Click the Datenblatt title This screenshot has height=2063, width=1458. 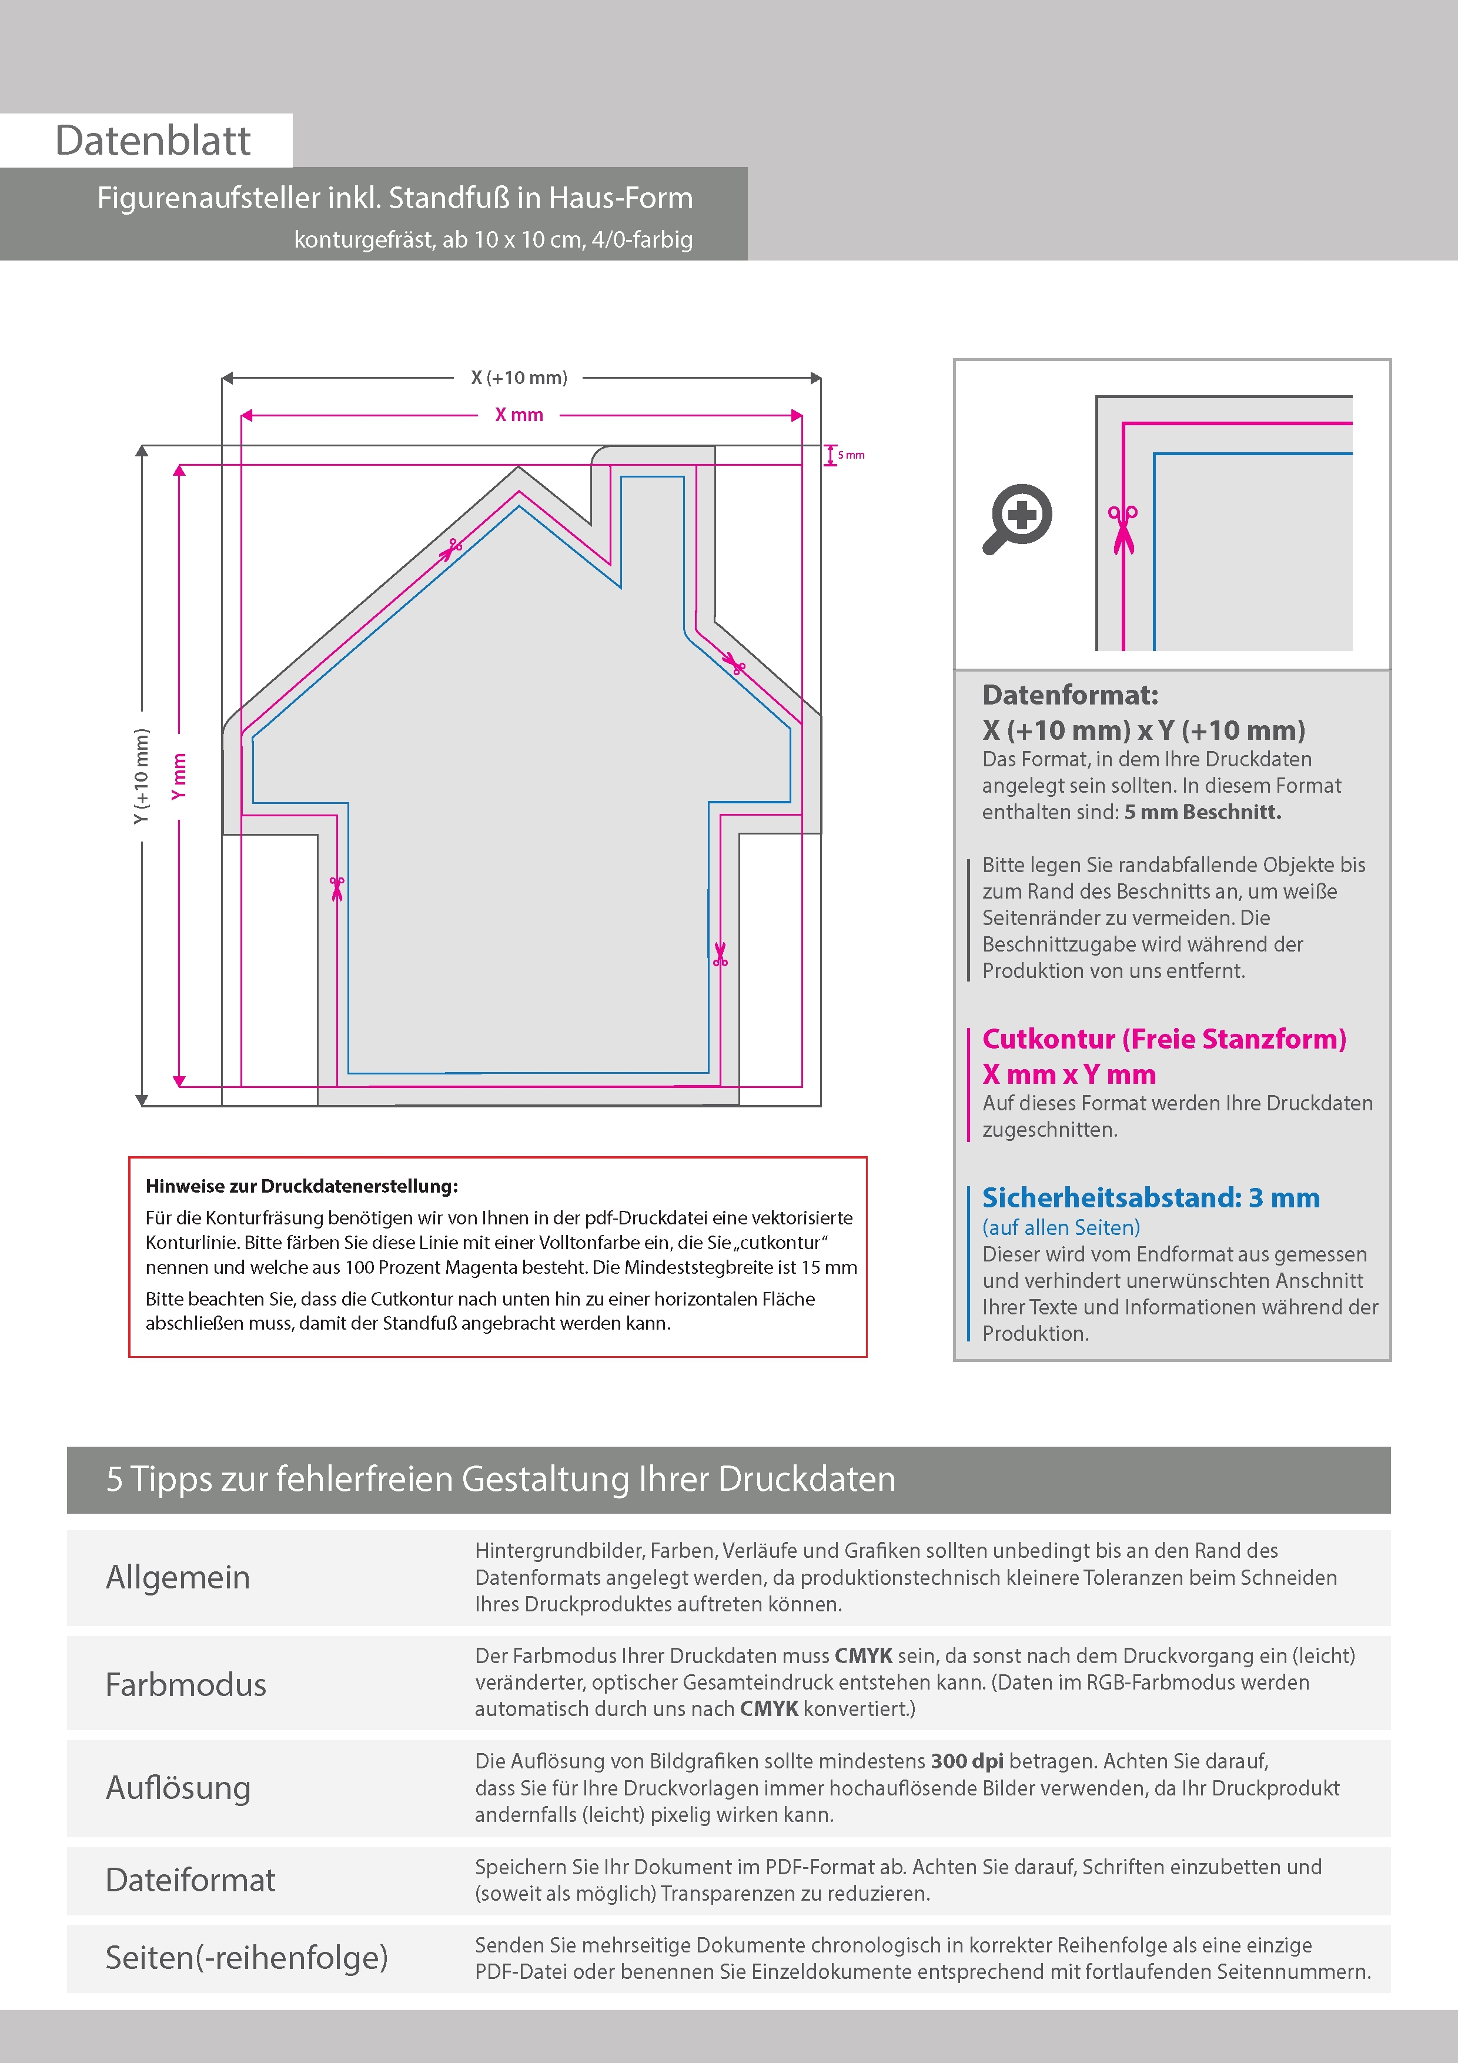[153, 141]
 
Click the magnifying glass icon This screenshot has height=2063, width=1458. [1018, 519]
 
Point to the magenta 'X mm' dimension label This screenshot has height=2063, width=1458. [519, 415]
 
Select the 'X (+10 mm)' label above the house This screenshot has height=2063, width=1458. [519, 378]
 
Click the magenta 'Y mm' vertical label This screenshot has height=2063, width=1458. [180, 776]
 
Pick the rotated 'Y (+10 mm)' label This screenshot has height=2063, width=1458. [141, 776]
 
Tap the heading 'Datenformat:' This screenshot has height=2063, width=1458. [1070, 695]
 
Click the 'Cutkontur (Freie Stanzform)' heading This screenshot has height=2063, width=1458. [1164, 1039]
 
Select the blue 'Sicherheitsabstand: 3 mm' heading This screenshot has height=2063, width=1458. [1151, 1198]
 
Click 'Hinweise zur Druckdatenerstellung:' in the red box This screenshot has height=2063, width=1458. [302, 1186]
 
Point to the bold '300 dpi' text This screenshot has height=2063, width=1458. [967, 1761]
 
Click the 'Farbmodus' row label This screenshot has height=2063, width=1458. [186, 1685]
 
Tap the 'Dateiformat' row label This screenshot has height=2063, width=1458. [190, 1880]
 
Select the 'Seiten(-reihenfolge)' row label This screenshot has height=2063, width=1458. [247, 1957]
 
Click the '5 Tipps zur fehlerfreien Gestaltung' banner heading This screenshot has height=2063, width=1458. [500, 1479]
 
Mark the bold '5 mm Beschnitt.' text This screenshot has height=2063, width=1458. [1202, 812]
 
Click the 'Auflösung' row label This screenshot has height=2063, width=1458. [178, 1787]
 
